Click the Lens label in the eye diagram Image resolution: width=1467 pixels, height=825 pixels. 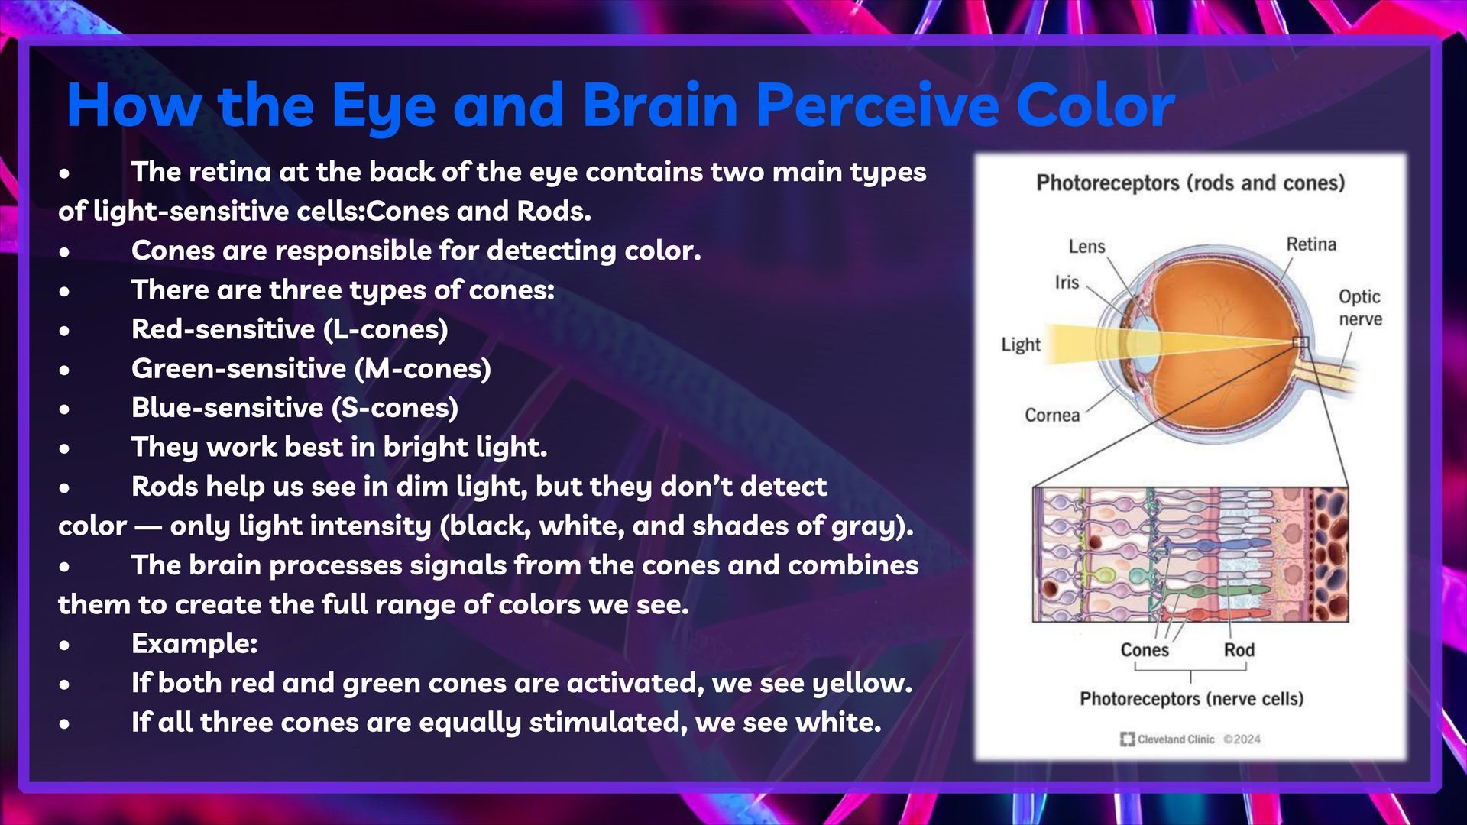[x=1086, y=247]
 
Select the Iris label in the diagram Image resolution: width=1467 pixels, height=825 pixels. [x=1067, y=283]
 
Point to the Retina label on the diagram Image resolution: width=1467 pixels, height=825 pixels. [x=1311, y=244]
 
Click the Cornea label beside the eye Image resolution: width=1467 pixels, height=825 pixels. [x=1052, y=416]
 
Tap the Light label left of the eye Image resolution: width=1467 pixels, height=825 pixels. [x=1021, y=345]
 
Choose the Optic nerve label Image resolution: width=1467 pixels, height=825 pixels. [x=1360, y=308]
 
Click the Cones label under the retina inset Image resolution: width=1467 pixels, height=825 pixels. [x=1145, y=650]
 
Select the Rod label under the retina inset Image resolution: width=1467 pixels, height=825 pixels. [x=1239, y=650]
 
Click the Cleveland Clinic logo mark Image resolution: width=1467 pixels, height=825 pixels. [x=1127, y=739]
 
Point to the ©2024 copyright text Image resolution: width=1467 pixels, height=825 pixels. [x=1242, y=739]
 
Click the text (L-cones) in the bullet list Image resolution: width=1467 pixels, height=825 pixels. [x=386, y=329]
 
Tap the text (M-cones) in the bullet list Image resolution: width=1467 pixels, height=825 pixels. [x=423, y=369]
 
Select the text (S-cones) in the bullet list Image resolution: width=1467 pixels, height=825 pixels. [x=395, y=408]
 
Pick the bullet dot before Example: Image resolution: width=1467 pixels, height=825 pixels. [x=65, y=645]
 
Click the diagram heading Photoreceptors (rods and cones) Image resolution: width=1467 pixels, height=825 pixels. [x=1190, y=183]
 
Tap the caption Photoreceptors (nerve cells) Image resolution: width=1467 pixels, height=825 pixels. [x=1191, y=699]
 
